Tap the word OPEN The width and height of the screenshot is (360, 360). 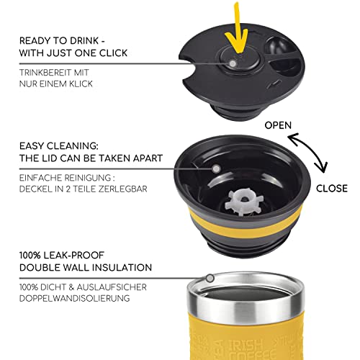coord(278,125)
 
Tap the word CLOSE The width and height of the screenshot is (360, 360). coord(332,189)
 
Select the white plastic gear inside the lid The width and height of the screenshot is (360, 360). coord(244,202)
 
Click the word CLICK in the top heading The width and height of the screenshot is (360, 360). coord(113,53)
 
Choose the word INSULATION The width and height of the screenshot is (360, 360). coord(122,267)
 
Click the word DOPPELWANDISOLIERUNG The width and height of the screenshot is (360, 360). coord(74,298)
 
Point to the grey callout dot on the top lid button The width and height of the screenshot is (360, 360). coord(233,63)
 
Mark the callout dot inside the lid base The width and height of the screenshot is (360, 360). coord(216,169)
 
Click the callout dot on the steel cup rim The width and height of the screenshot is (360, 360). coord(210,279)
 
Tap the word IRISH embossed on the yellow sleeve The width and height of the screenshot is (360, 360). coord(245,345)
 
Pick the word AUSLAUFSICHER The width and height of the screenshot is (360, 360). coord(112,287)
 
